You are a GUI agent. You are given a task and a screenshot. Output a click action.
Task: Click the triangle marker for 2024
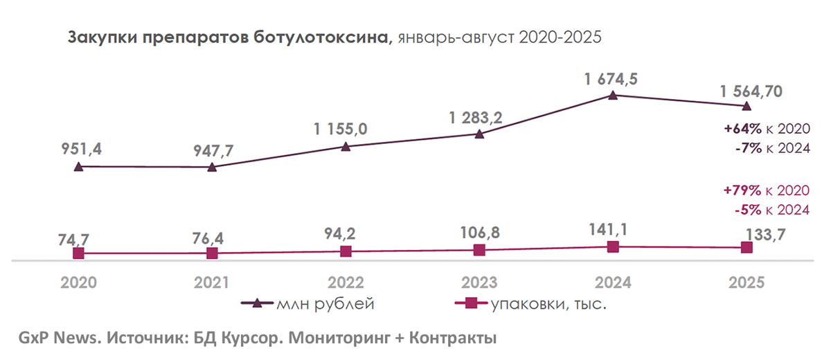tap(613, 96)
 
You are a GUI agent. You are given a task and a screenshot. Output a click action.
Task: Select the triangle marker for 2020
tap(78, 166)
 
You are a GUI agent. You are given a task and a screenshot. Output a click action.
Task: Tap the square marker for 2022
tap(346, 252)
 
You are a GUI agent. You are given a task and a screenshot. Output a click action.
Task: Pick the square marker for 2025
tap(747, 247)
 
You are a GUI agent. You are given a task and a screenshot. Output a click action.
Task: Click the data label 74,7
tap(77, 239)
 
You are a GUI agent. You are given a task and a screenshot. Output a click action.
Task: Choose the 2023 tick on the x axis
tap(479, 282)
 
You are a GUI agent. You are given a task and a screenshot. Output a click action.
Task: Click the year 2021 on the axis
tap(212, 282)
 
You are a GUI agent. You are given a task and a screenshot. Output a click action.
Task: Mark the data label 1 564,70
tap(750, 90)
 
